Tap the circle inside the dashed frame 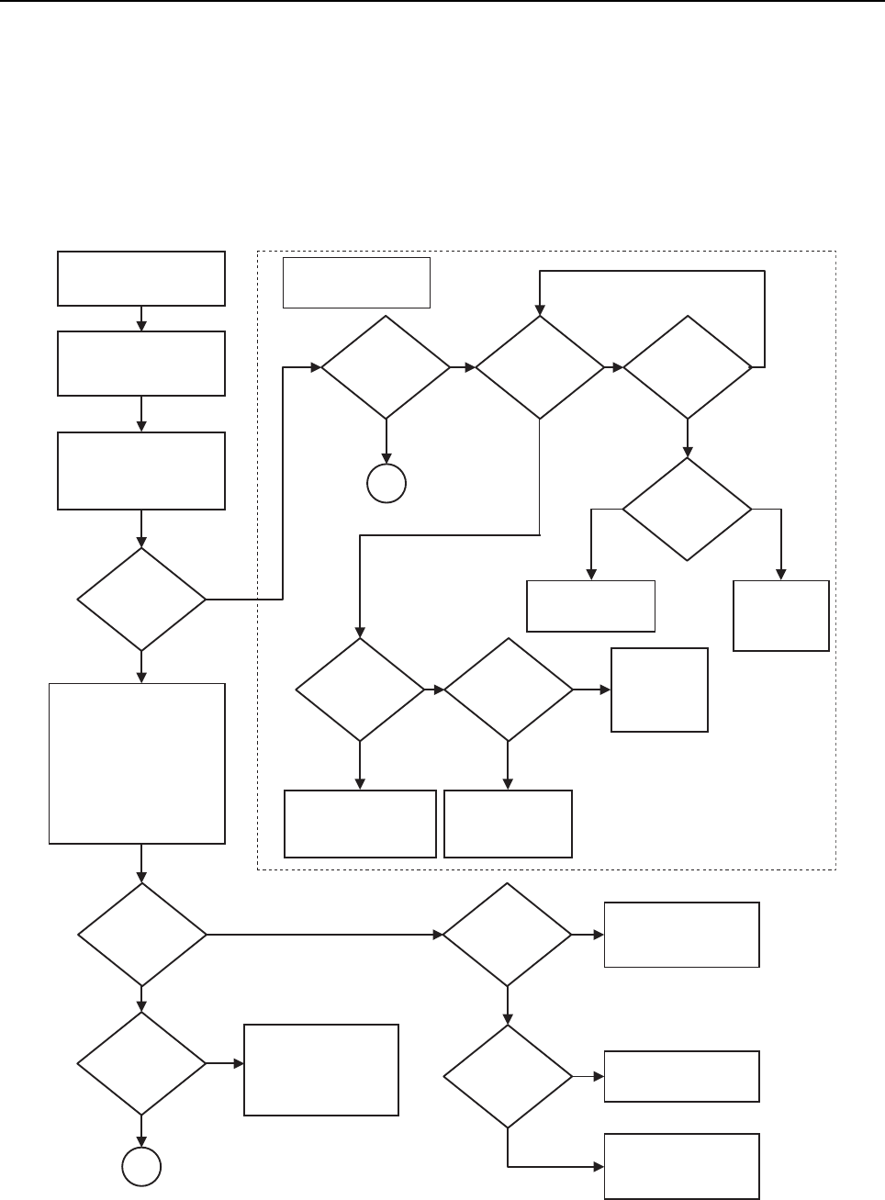(x=386, y=484)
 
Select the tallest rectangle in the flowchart (x=137, y=763)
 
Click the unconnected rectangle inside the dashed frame (x=356, y=282)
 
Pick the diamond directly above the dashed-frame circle (x=386, y=367)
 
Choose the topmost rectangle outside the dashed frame (x=141, y=278)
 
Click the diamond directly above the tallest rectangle (x=141, y=600)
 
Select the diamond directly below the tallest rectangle (x=141, y=935)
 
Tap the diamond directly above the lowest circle (x=141, y=1064)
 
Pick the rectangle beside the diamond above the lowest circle (x=321, y=1070)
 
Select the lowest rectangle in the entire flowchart (x=681, y=1166)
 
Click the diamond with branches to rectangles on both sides (x=687, y=509)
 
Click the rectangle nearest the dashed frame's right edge (x=781, y=615)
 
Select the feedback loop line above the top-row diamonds (x=652, y=271)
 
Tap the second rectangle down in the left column (x=141, y=364)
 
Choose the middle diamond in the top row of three (x=540, y=367)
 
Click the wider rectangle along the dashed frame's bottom (x=360, y=824)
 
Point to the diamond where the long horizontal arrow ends (x=507, y=935)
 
